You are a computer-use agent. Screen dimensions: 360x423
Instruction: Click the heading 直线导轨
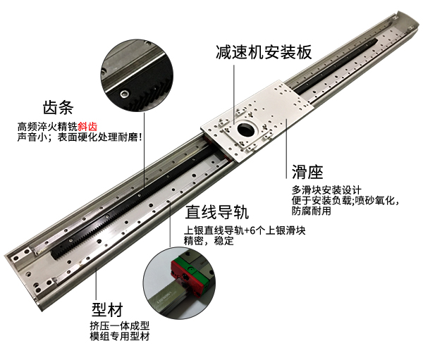click(x=216, y=212)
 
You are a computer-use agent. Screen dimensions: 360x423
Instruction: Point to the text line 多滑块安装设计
click(x=326, y=190)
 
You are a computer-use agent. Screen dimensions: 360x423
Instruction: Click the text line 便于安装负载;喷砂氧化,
click(x=345, y=200)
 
